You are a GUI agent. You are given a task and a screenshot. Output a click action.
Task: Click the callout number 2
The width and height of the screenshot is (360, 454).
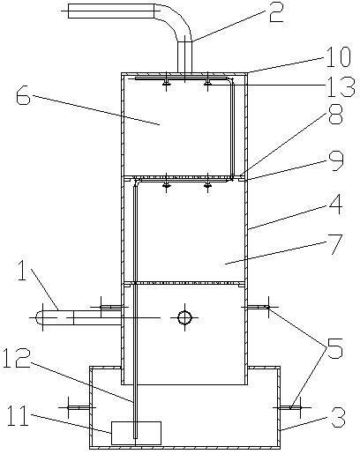tap(276, 12)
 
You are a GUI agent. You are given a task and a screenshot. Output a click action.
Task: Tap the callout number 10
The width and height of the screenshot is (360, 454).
tap(338, 57)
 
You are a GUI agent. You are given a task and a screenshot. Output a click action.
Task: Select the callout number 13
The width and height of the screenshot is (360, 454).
tap(341, 87)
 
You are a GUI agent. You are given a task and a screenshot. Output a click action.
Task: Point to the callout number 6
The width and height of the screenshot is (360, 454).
tap(23, 94)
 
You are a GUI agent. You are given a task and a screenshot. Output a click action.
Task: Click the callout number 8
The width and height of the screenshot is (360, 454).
tap(335, 114)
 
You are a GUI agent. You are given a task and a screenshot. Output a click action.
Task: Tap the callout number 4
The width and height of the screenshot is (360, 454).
tap(335, 204)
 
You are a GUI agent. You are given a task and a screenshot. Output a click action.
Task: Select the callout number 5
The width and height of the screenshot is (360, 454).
tap(335, 348)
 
